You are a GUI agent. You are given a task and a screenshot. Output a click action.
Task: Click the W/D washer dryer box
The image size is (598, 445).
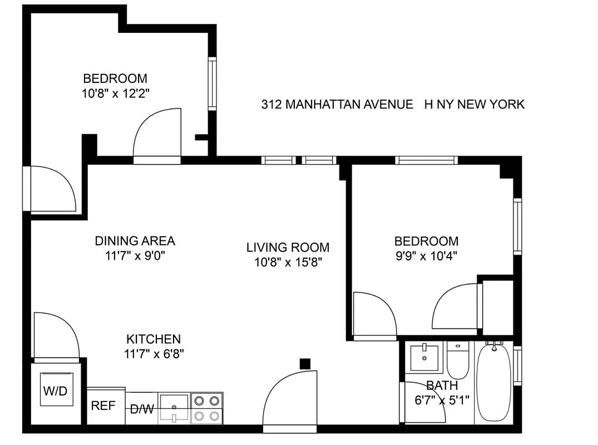55,391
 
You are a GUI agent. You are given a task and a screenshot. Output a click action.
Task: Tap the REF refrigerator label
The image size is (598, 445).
103,406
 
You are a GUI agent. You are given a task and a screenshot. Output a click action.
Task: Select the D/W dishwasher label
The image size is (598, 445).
142,410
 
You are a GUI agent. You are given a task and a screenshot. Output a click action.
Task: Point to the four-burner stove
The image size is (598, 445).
206,408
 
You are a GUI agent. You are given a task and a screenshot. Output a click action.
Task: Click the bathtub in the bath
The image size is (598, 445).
493,383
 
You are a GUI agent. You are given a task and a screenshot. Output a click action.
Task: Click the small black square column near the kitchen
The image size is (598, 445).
304,364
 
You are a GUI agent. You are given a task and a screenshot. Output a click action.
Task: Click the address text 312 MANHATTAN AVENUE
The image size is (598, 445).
337,104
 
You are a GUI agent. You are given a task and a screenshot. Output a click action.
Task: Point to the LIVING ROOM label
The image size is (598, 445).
288,247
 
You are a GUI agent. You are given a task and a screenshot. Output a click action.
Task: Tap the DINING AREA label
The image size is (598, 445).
135,241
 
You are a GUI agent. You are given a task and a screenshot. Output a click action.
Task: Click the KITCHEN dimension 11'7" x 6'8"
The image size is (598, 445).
154,352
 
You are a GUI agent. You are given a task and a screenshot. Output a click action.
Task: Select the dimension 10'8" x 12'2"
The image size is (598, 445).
115,93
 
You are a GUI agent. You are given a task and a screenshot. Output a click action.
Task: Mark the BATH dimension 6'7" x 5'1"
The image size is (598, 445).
442,399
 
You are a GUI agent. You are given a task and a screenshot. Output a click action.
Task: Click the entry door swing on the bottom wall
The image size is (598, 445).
290,400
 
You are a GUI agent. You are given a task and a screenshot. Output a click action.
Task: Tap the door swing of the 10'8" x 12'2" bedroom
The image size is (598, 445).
157,133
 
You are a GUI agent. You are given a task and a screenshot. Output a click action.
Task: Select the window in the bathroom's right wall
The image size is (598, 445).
518,365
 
